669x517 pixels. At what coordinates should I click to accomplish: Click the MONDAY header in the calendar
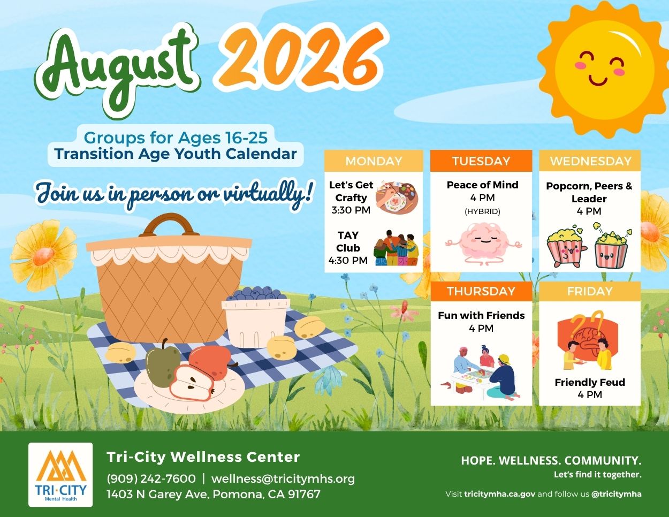374,161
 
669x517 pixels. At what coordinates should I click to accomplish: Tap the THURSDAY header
481,291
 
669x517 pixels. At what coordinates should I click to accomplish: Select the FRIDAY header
590,291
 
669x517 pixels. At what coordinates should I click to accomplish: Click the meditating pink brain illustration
483,244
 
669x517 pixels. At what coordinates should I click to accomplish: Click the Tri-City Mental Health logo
60,475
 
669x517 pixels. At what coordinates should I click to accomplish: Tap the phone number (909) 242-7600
151,479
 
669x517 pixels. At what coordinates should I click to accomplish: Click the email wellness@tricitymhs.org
283,479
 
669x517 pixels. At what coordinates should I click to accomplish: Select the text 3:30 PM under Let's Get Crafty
351,210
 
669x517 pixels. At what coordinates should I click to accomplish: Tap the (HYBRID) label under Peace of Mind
482,211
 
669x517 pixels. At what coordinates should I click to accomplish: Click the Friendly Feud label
590,382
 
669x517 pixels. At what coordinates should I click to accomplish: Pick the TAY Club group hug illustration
396,248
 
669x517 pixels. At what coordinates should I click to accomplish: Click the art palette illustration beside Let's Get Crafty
397,197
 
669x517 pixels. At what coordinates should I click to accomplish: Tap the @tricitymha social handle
616,494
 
